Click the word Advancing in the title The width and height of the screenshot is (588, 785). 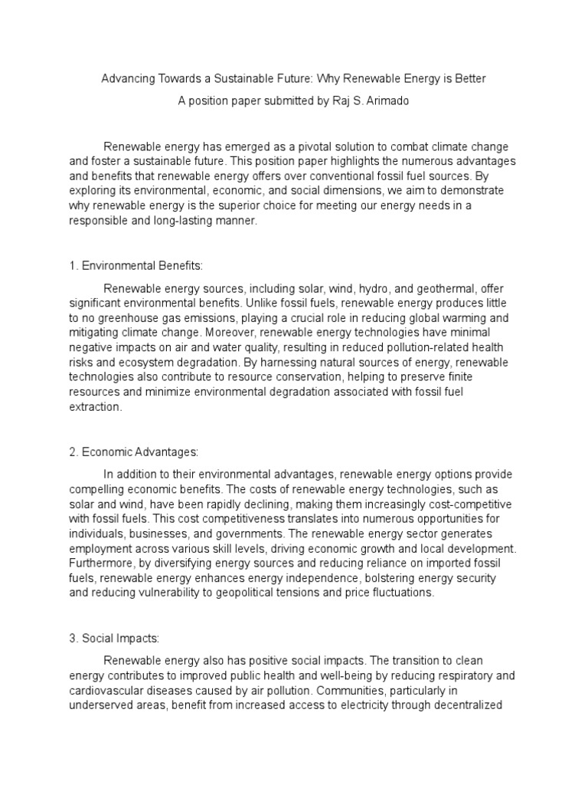[x=126, y=79]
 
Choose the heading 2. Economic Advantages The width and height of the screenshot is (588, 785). [x=133, y=453]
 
